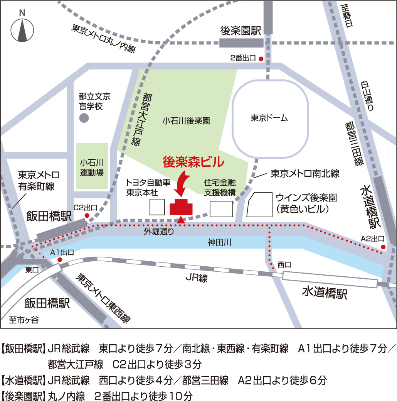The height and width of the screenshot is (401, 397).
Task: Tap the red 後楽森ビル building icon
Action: click(181, 207)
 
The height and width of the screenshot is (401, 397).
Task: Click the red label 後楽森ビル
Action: click(193, 162)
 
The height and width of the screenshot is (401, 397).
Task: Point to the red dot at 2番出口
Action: click(261, 59)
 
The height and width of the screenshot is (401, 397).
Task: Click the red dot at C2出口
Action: click(87, 215)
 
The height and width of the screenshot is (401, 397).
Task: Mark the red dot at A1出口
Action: click(60, 260)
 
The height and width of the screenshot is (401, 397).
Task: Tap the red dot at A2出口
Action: click(383, 247)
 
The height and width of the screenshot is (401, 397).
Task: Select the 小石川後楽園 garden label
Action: click(186, 121)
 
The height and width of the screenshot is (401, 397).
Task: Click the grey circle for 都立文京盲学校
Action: click(84, 118)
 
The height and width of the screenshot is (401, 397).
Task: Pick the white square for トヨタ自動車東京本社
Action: click(157, 207)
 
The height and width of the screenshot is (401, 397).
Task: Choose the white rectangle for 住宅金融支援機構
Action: click(221, 209)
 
